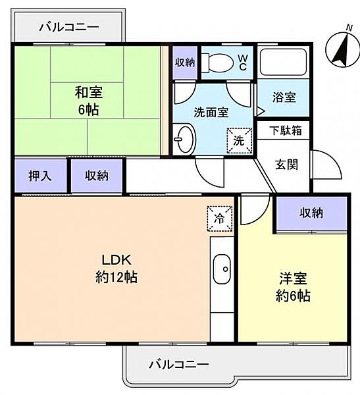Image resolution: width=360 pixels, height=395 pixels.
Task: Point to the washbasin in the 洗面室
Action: [x=183, y=139]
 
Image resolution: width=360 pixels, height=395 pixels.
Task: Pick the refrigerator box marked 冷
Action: [x=220, y=219]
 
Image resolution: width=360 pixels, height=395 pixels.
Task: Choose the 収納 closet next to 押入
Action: [x=96, y=176]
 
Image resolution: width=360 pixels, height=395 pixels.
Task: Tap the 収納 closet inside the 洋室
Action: [x=311, y=213]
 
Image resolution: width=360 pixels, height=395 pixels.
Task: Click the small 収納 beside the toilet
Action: [x=185, y=62]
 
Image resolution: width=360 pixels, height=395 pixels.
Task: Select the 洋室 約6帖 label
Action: [x=292, y=287]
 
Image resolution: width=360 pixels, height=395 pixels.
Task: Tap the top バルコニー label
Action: [x=68, y=27]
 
